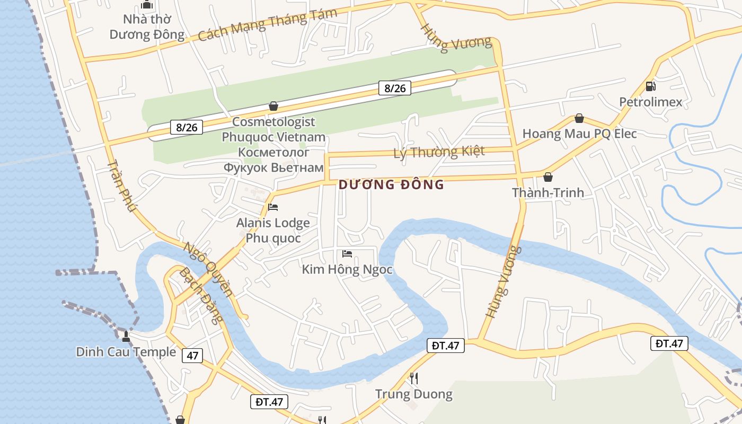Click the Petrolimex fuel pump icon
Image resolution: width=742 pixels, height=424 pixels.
[x=650, y=86]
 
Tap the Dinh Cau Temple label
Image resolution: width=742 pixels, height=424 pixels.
[x=126, y=352]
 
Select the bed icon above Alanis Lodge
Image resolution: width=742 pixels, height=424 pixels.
[x=273, y=207]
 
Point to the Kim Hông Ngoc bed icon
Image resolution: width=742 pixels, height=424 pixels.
[x=347, y=254]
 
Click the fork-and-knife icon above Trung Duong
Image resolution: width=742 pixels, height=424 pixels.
[x=414, y=378]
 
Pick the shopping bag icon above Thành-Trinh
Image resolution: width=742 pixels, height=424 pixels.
[x=547, y=177]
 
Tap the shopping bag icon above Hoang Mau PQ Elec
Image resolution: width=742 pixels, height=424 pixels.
[x=579, y=118]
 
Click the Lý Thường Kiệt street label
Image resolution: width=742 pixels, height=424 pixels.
[x=439, y=152]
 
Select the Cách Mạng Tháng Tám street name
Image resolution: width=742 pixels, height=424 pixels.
[x=268, y=25]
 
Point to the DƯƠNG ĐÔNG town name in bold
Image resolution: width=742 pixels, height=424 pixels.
[x=391, y=185]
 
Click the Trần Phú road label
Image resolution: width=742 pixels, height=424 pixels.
[x=122, y=185]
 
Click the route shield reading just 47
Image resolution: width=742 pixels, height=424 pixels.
[x=192, y=355]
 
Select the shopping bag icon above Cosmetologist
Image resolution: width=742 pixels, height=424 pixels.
[x=273, y=106]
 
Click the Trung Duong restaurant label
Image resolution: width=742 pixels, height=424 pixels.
[x=414, y=394]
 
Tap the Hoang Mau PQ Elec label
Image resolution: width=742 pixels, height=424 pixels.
[x=579, y=134]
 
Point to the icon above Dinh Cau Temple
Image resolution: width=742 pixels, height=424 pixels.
[x=126, y=335]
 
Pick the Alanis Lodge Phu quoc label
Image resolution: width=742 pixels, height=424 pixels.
[x=273, y=230]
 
